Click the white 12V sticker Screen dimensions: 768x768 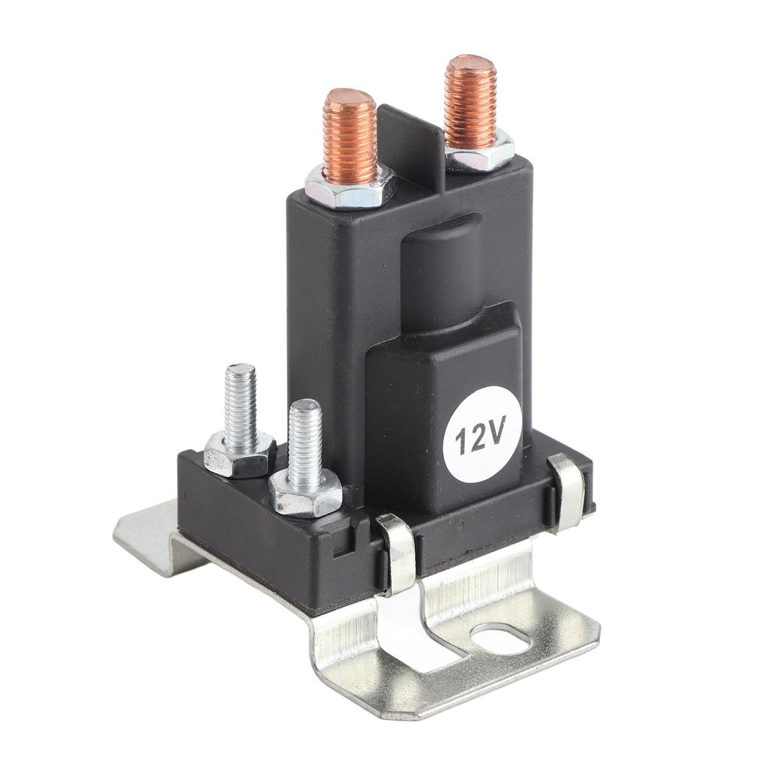click(481, 434)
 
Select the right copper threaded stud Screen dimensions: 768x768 click(470, 101)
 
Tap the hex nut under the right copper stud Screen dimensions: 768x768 click(480, 153)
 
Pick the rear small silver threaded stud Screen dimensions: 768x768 click(241, 405)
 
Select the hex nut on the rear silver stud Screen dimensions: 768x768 click(238, 454)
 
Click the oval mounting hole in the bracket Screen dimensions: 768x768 click(502, 639)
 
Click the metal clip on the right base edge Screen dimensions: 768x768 click(567, 491)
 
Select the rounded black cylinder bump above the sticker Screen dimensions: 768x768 click(439, 270)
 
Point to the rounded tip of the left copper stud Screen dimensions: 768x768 click(349, 98)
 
